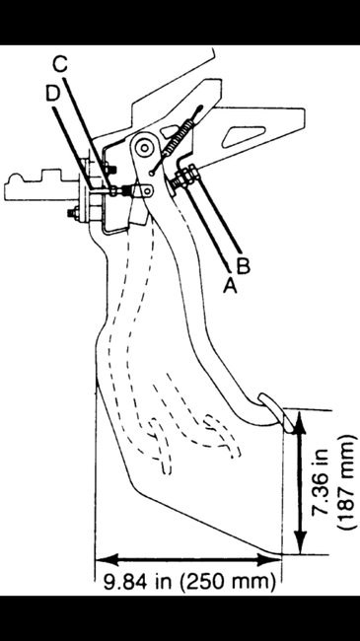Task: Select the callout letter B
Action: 244,264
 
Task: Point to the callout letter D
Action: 53,93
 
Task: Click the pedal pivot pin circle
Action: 144,149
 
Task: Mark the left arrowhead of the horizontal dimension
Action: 101,558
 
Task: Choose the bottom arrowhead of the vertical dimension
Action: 302,544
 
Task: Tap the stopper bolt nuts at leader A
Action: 183,180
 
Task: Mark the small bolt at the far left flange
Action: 71,212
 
